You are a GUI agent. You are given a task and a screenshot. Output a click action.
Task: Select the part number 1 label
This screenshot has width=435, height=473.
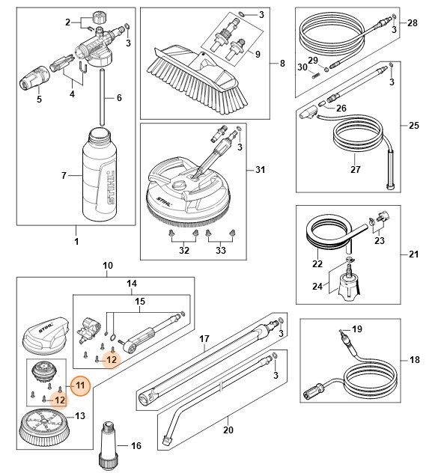pos(76,242)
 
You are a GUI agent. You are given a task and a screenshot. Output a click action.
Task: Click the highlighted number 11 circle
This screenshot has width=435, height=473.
pos(81,385)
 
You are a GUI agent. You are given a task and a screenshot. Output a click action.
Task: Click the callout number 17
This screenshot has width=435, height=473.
pos(202,339)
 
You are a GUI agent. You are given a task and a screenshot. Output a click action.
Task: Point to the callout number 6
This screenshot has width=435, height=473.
pos(118,99)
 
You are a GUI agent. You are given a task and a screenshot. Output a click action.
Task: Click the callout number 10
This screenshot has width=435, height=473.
pos(107,266)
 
